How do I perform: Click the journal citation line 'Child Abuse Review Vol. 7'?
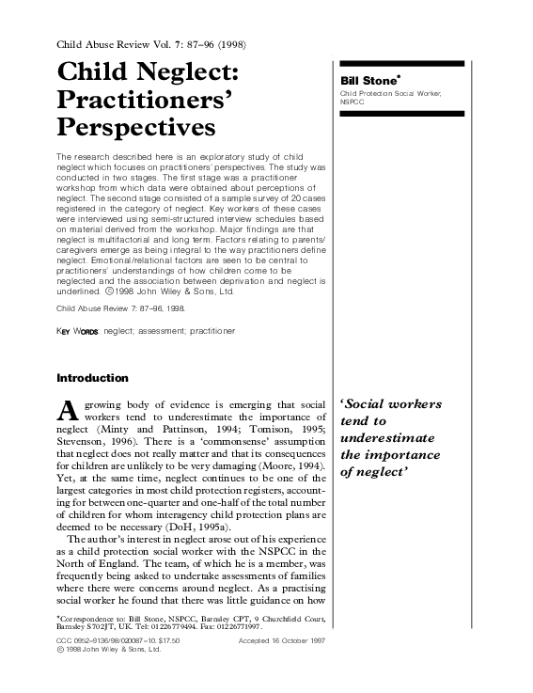(137, 44)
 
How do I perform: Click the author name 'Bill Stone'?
(368, 81)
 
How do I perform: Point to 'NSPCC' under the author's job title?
(353, 102)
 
